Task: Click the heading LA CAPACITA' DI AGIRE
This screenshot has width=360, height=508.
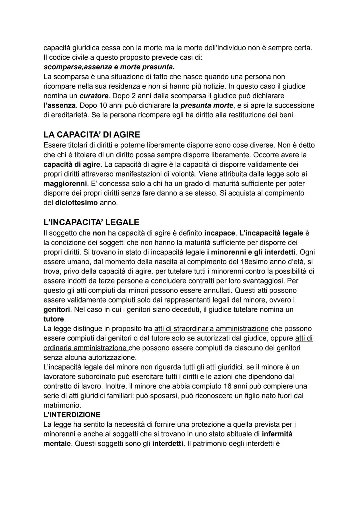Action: tap(92, 135)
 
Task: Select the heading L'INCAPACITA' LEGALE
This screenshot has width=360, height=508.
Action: tap(91, 222)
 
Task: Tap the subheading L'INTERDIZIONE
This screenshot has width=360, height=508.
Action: tap(72, 415)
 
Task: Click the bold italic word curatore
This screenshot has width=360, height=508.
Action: tap(94, 96)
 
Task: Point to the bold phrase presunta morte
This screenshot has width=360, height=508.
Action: tap(207, 106)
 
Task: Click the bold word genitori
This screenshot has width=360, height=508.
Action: tap(57, 309)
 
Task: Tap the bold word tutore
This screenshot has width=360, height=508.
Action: tap(53, 319)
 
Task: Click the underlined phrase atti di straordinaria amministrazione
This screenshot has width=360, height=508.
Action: tap(211, 329)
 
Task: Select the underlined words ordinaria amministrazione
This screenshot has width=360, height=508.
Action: tap(85, 348)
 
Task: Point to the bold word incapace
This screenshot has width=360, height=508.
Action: tap(219, 233)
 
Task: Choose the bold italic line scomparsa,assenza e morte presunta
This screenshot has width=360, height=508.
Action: tap(109, 67)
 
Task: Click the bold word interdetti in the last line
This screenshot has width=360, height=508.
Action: tap(168, 444)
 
